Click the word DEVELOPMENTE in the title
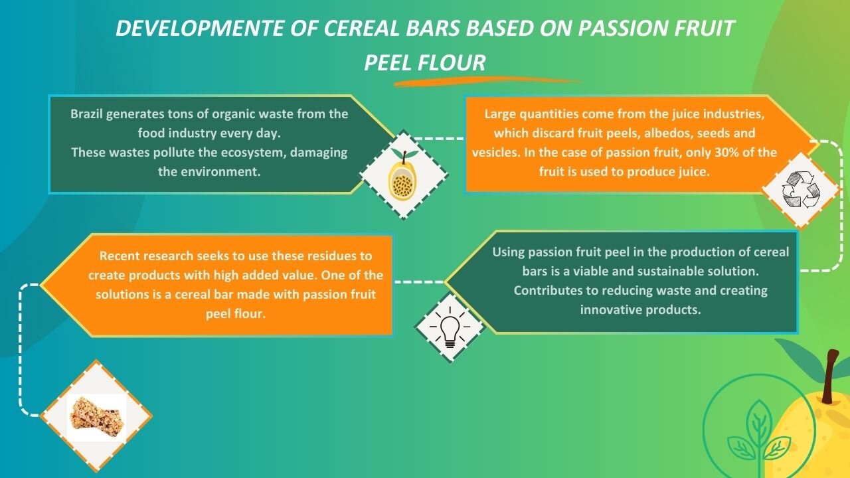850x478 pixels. pos(200,28)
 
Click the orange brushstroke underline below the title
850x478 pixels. pos(487,82)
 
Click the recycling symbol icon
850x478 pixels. pos(801,190)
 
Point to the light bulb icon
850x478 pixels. pos(450,327)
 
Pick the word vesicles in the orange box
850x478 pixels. pos(496,153)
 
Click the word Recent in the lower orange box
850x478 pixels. pos(120,256)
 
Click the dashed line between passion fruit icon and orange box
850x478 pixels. pos(440,139)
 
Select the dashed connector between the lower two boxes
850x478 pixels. pos(419,282)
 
